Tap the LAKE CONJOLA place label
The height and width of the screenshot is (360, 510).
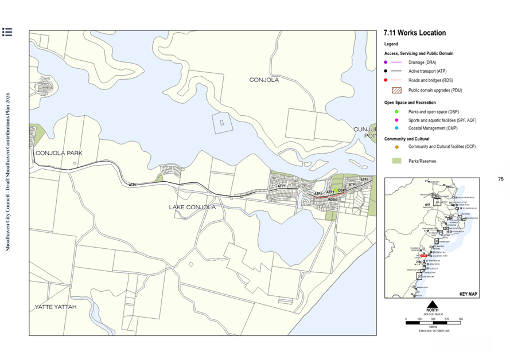[192, 207]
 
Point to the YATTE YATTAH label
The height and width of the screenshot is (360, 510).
[55, 307]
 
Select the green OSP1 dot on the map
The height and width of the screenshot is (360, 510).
[337, 191]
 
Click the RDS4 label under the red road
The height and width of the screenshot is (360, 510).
[332, 199]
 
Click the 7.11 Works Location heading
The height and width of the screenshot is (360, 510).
[414, 33]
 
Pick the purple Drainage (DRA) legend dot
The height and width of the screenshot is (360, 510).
[387, 62]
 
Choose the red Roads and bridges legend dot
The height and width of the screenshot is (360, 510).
[387, 80]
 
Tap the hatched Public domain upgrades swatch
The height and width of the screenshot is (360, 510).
[396, 90]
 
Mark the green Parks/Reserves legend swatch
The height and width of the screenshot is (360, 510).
[396, 161]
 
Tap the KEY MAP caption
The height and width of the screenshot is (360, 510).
[468, 294]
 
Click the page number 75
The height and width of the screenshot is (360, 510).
[500, 179]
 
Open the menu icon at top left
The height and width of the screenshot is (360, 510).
[7, 32]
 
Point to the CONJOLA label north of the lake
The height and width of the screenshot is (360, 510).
[264, 80]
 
